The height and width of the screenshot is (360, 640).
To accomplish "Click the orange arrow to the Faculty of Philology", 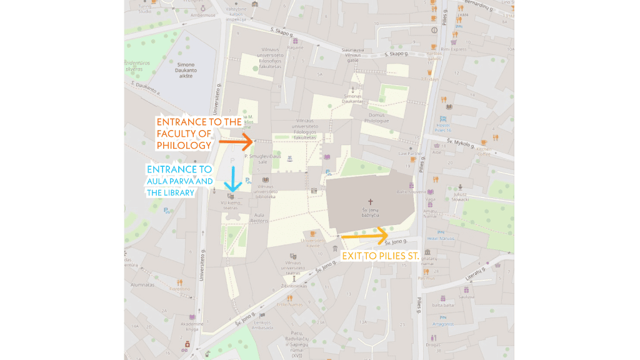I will pyautogui.click(x=237, y=142).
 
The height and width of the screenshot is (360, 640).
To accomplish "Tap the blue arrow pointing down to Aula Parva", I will pyautogui.click(x=232, y=178).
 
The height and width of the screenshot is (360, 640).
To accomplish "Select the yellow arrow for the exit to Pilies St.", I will pyautogui.click(x=365, y=236).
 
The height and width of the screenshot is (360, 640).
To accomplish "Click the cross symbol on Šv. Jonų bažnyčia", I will pyautogui.click(x=370, y=202).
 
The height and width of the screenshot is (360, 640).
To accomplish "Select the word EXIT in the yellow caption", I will pyautogui.click(x=353, y=256).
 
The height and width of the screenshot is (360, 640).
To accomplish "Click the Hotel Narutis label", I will pyautogui.click(x=439, y=238).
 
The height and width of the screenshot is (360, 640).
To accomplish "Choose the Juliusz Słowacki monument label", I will pyautogui.click(x=461, y=196).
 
